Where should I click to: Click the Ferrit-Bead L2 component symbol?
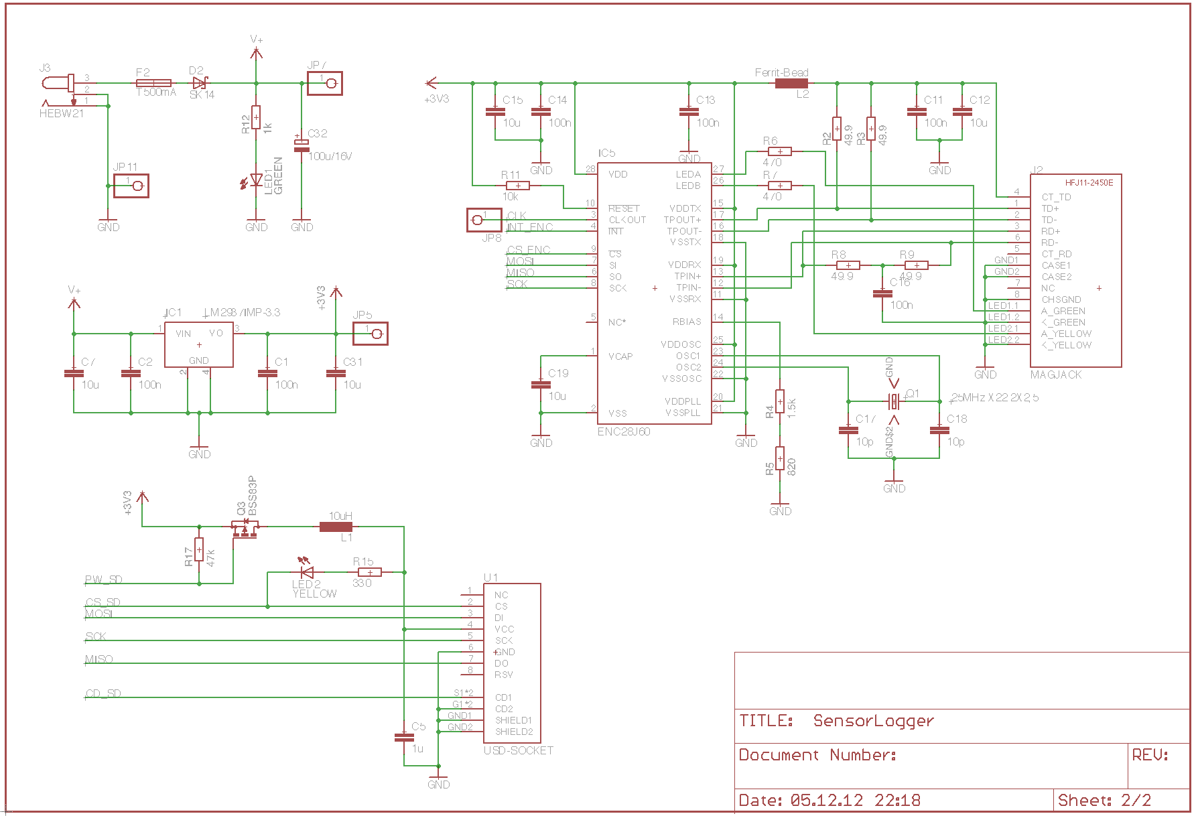click(x=791, y=84)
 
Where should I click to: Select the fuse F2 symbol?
click(x=153, y=84)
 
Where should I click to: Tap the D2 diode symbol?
click(x=199, y=84)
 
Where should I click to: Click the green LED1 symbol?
click(x=256, y=180)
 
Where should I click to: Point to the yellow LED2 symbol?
click(x=307, y=572)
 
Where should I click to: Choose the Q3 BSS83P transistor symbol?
click(x=245, y=529)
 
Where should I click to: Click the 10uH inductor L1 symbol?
click(x=336, y=527)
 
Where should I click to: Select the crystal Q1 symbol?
click(x=894, y=402)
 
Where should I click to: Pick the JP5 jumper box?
click(x=371, y=334)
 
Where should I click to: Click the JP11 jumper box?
click(x=131, y=186)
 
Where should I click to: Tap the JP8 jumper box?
click(x=484, y=220)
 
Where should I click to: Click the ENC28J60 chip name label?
click(x=623, y=432)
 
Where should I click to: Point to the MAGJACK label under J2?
click(x=1055, y=375)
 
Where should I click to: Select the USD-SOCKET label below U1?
click(x=518, y=751)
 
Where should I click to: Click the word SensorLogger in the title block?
click(x=873, y=721)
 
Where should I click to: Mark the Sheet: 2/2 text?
click(x=1104, y=801)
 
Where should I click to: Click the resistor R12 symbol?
click(x=256, y=117)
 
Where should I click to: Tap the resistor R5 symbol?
click(x=780, y=459)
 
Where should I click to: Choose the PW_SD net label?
click(x=104, y=580)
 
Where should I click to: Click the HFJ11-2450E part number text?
click(x=1089, y=183)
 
